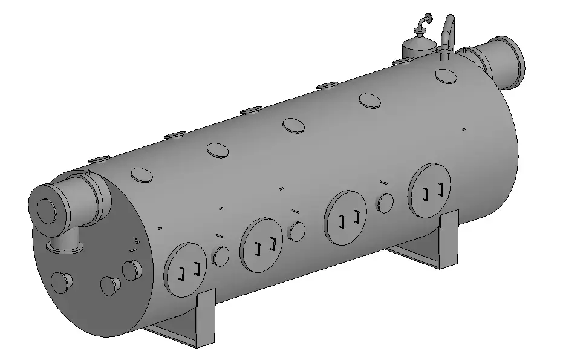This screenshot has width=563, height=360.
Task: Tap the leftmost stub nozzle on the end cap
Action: tap(61, 282)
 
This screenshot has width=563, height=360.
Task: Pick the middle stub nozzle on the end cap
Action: tap(109, 285)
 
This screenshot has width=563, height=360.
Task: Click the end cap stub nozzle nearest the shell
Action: tap(132, 270)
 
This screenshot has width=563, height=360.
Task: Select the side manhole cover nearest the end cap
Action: tap(186, 270)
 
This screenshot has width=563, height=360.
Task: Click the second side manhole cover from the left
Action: tap(261, 243)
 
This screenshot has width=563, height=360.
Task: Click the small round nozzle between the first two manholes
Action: tap(221, 257)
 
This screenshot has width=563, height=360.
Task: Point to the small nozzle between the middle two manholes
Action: tap(297, 231)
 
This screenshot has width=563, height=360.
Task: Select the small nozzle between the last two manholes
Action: tap(385, 202)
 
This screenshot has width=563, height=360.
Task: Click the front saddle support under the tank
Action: tap(194, 321)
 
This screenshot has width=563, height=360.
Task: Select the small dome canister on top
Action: tap(418, 47)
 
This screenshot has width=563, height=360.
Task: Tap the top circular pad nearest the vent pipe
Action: tap(445, 76)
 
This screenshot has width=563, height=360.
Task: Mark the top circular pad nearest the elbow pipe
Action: tap(143, 174)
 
